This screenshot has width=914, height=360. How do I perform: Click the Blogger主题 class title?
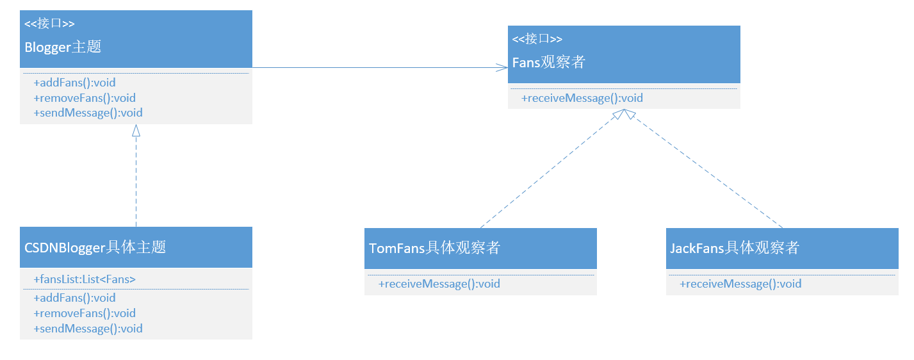click(x=63, y=47)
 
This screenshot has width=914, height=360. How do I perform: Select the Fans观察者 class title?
click(x=548, y=62)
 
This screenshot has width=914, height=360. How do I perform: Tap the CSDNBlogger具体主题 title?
click(x=95, y=247)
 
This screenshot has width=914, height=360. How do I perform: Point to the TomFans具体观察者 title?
click(x=434, y=248)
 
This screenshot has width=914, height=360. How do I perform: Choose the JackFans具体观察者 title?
click(x=735, y=248)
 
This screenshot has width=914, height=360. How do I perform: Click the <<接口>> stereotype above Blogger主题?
click(x=49, y=24)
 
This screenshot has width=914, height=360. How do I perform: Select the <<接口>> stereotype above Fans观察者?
click(x=537, y=39)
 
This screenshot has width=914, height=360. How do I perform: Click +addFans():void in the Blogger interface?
click(x=74, y=83)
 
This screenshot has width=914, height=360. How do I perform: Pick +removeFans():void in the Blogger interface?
click(x=85, y=98)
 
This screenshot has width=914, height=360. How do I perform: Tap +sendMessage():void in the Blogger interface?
click(x=88, y=113)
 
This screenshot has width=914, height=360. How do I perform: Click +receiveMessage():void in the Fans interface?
click(x=582, y=98)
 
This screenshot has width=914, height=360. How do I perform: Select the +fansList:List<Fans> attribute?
click(x=85, y=279)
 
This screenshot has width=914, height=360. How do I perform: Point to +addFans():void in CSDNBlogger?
click(x=74, y=298)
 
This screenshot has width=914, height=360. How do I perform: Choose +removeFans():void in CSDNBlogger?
click(x=85, y=313)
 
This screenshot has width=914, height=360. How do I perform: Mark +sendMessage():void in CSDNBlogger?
click(x=88, y=329)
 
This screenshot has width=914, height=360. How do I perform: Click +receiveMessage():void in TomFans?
click(x=439, y=284)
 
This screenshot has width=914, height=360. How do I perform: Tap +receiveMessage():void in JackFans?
click(x=740, y=284)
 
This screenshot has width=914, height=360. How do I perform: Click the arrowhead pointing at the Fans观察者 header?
click(x=502, y=67)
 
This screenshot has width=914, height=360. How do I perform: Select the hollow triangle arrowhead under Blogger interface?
click(x=136, y=131)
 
